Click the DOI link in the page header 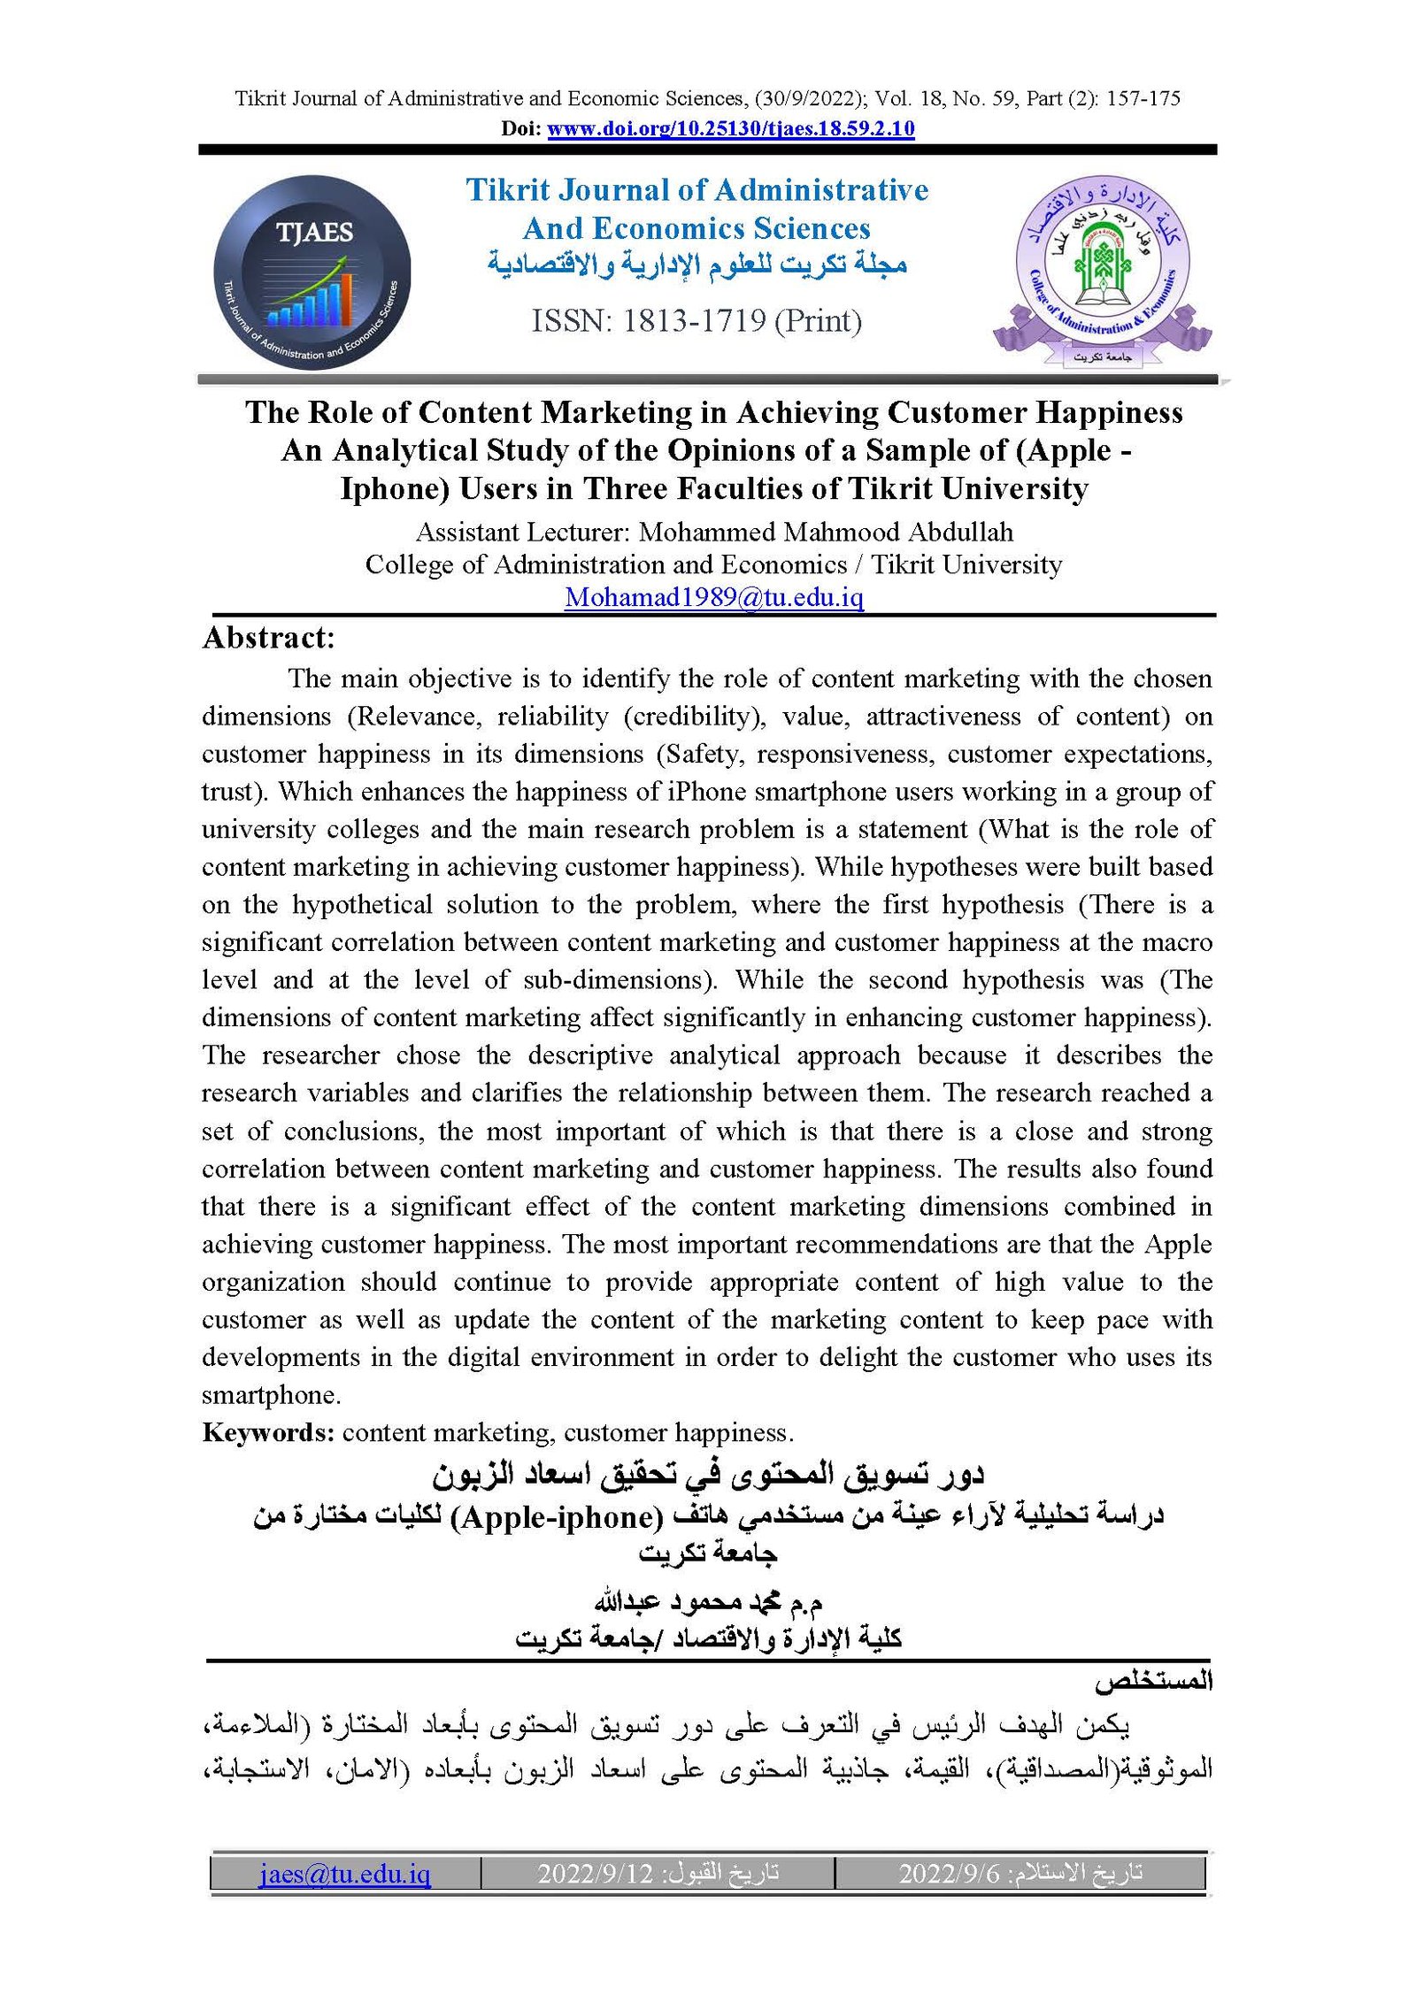click(730, 129)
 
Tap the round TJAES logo click(312, 272)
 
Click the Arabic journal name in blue click(696, 265)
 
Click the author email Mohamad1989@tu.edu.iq click(713, 598)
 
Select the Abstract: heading click(269, 638)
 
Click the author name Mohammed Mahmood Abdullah click(826, 533)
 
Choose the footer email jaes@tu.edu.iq click(345, 1873)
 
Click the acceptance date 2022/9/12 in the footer click(595, 1873)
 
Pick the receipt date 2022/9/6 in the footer click(948, 1873)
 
